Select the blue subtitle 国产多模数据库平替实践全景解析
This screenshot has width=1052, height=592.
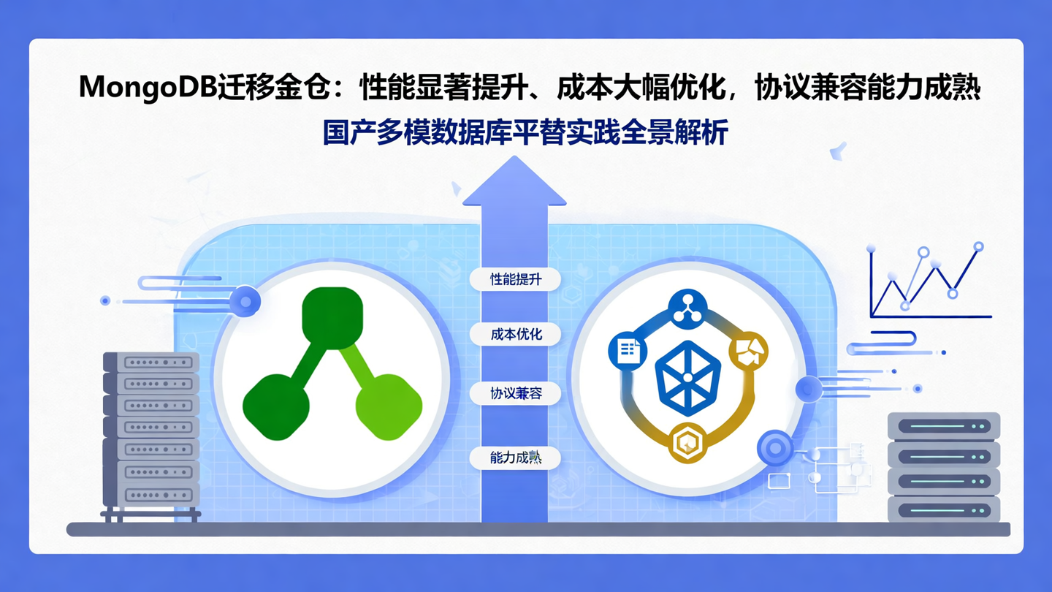click(525, 133)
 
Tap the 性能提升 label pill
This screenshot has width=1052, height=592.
click(516, 278)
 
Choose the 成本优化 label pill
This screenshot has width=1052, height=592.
click(516, 335)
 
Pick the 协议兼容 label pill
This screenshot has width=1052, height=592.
click(516, 393)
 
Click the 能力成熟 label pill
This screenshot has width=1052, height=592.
click(516, 458)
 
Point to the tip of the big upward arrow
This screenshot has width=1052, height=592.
click(514, 159)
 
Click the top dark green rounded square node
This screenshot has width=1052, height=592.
click(332, 317)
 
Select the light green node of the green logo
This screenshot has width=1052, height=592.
click(389, 407)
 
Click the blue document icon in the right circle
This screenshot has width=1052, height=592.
click(628, 351)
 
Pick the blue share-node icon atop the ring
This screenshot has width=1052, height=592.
click(688, 309)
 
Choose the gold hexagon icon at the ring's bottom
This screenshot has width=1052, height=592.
click(687, 442)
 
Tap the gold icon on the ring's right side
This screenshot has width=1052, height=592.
click(749, 351)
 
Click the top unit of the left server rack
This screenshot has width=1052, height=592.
click(151, 363)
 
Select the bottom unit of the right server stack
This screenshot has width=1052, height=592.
click(943, 509)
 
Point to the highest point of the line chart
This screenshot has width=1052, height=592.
click(979, 247)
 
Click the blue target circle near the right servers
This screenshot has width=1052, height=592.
click(775, 447)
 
